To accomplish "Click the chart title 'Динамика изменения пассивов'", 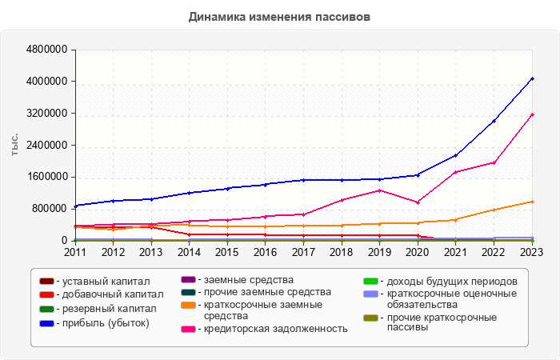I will tap(280, 16).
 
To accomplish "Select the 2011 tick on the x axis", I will tap(75, 252).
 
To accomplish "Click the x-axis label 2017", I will tap(304, 252).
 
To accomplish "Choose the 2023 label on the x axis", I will tap(533, 252).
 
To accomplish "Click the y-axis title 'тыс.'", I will tap(14, 145).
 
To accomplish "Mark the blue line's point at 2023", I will tap(533, 78).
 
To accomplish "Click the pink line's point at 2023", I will tap(533, 114).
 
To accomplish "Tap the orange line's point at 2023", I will tap(533, 202).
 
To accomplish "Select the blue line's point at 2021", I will tap(456, 155).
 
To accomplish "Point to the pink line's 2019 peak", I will tap(380, 190).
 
